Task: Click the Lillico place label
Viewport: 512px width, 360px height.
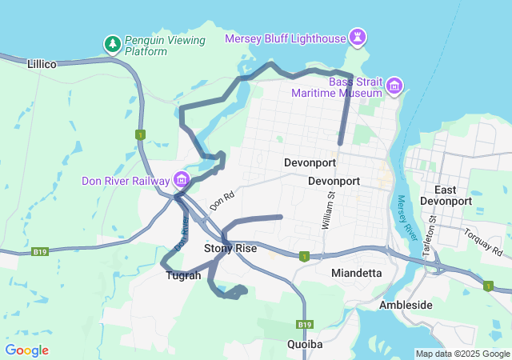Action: pyautogui.click(x=42, y=63)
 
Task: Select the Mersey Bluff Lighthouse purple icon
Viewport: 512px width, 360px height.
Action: pyautogui.click(x=358, y=38)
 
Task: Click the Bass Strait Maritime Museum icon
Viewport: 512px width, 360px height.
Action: pyautogui.click(x=394, y=86)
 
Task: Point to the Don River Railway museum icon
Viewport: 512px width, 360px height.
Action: pyautogui.click(x=182, y=180)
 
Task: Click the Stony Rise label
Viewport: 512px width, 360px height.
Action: pyautogui.click(x=230, y=249)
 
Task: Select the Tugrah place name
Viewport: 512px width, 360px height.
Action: pyautogui.click(x=183, y=275)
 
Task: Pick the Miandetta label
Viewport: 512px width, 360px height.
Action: pyautogui.click(x=356, y=273)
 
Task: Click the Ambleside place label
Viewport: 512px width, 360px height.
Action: pyautogui.click(x=406, y=305)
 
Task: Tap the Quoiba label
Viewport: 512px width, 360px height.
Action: pyautogui.click(x=304, y=344)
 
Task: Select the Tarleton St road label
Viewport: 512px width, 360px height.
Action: pyautogui.click(x=432, y=228)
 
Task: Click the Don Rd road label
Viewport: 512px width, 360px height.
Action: pyautogui.click(x=222, y=200)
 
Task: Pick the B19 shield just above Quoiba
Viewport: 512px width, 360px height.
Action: pyautogui.click(x=304, y=325)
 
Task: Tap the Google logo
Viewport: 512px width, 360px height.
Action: pyautogui.click(x=26, y=350)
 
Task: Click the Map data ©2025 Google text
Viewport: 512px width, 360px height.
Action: pyautogui.click(x=462, y=354)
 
